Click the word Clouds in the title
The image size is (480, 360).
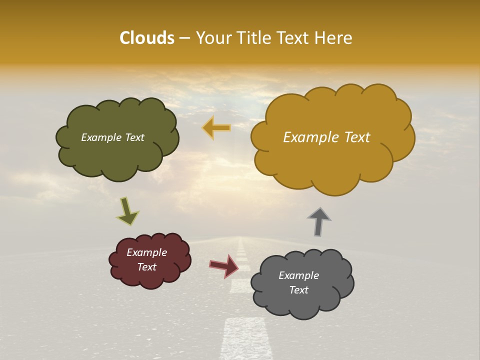click(146, 38)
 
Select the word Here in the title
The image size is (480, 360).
click(335, 38)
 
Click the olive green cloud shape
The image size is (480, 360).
click(118, 155)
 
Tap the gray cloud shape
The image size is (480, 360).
click(302, 305)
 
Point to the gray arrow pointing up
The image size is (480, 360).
click(319, 221)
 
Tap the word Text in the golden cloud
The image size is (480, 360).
click(354, 137)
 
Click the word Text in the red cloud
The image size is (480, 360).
click(147, 267)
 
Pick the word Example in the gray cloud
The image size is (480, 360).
click(298, 275)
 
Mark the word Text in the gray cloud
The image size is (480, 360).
click(298, 290)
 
